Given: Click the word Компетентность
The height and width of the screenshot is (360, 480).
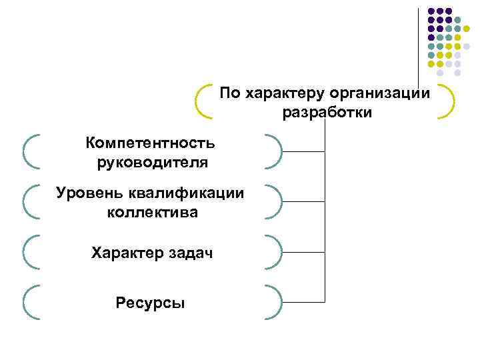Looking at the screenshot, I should pyautogui.click(x=151, y=143).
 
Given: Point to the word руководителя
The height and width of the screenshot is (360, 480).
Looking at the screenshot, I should pyautogui.click(x=151, y=162).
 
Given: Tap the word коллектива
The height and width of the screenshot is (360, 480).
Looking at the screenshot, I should pyautogui.click(x=151, y=213).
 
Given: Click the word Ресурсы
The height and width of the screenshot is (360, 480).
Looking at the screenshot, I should pyautogui.click(x=151, y=303).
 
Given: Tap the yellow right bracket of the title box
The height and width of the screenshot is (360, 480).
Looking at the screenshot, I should pyautogui.click(x=449, y=101).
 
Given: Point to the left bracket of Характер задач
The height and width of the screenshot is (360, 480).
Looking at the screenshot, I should pyautogui.click(x=29, y=252).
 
